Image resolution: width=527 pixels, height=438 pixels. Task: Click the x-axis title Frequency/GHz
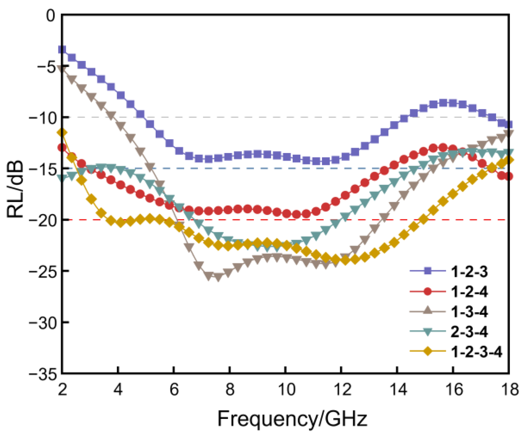(x=292, y=419)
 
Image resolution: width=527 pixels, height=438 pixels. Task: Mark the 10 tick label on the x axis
(x=286, y=390)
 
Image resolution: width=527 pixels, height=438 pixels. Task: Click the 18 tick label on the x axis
(x=509, y=390)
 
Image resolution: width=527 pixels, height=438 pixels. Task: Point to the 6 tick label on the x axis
(x=174, y=390)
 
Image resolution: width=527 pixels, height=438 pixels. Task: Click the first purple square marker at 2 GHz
(x=62, y=50)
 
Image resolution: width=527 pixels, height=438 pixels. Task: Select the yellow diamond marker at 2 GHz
(x=62, y=132)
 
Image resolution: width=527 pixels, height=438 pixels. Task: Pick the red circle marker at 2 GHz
(x=62, y=148)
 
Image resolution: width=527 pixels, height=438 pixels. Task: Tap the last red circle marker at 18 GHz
(x=509, y=177)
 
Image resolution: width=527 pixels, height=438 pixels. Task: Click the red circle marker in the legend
(x=428, y=292)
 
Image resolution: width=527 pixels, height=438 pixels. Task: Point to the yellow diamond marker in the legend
(x=428, y=352)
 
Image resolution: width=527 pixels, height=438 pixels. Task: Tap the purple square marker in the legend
(x=428, y=271)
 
